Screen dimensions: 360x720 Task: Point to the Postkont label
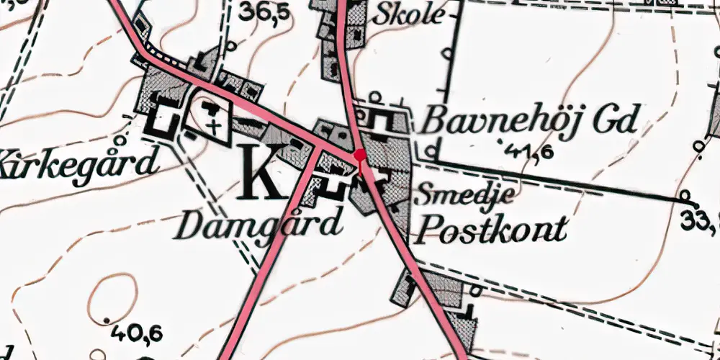pos(492,230)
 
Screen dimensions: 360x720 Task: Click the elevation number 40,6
pos(137,332)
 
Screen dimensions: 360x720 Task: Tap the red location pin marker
pos(360,156)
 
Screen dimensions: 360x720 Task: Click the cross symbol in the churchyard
pos(214,127)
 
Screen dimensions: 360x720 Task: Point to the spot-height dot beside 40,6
pos(107,320)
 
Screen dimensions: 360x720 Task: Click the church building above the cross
pos(212,109)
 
